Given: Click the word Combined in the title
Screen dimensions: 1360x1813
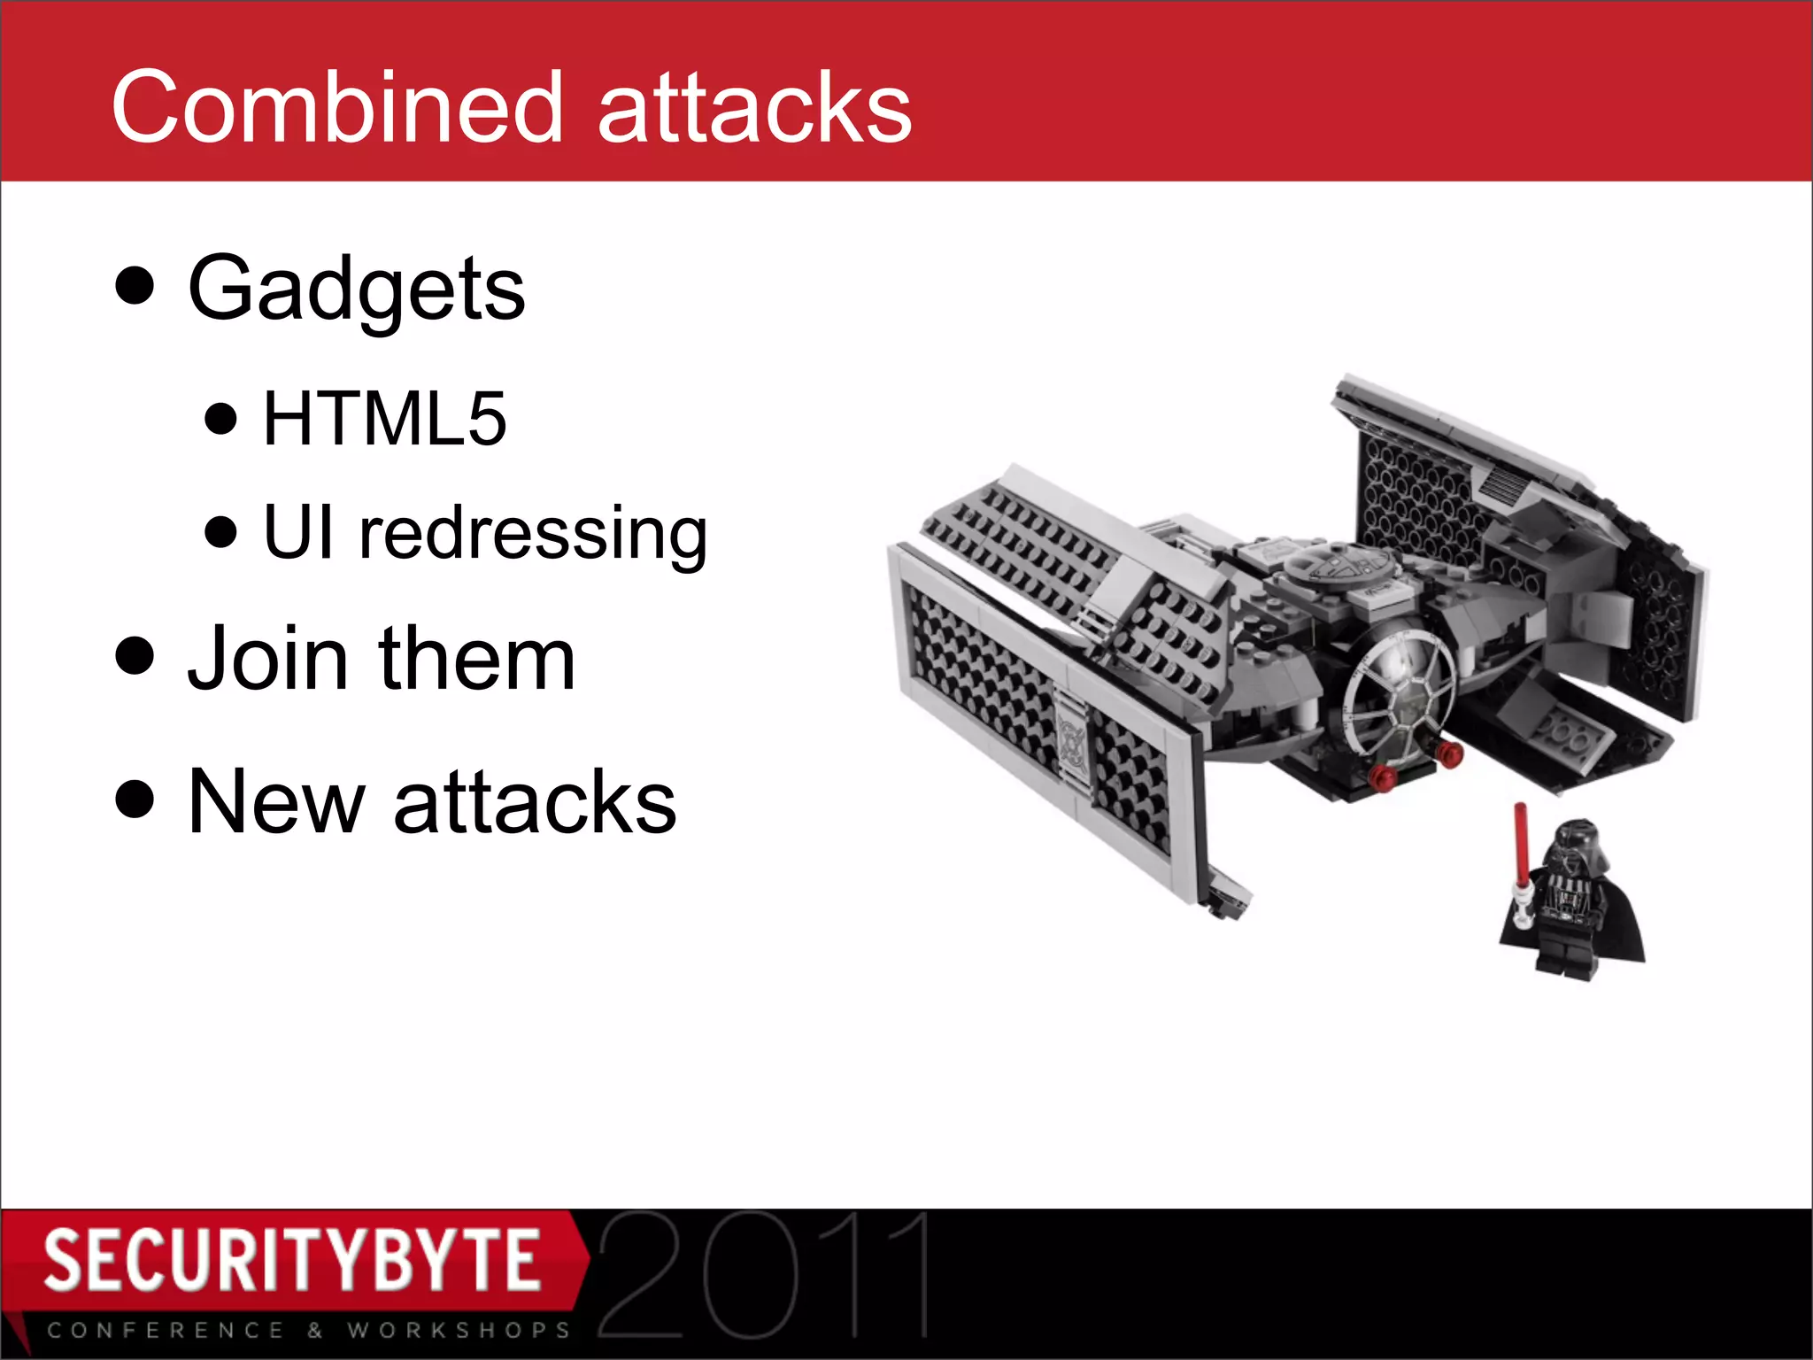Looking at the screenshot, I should (x=336, y=108).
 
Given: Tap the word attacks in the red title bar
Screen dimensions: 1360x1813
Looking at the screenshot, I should (x=754, y=108).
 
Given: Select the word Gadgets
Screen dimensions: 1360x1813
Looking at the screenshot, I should (x=356, y=289).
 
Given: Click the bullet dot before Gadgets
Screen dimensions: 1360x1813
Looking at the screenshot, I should (x=135, y=285).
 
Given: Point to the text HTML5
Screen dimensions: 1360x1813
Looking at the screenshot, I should (x=385, y=418).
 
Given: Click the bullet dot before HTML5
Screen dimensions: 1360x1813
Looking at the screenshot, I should (x=220, y=418).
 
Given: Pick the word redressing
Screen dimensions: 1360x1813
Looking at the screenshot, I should (x=533, y=533).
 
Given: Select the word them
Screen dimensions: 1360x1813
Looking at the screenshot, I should (x=477, y=659).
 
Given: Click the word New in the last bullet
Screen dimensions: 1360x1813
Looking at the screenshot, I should (x=276, y=802).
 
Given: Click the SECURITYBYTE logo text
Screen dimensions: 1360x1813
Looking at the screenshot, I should (x=292, y=1259).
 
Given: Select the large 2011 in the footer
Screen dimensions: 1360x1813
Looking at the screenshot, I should (x=763, y=1275).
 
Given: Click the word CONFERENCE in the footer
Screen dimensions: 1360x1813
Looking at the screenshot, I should (x=166, y=1330).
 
